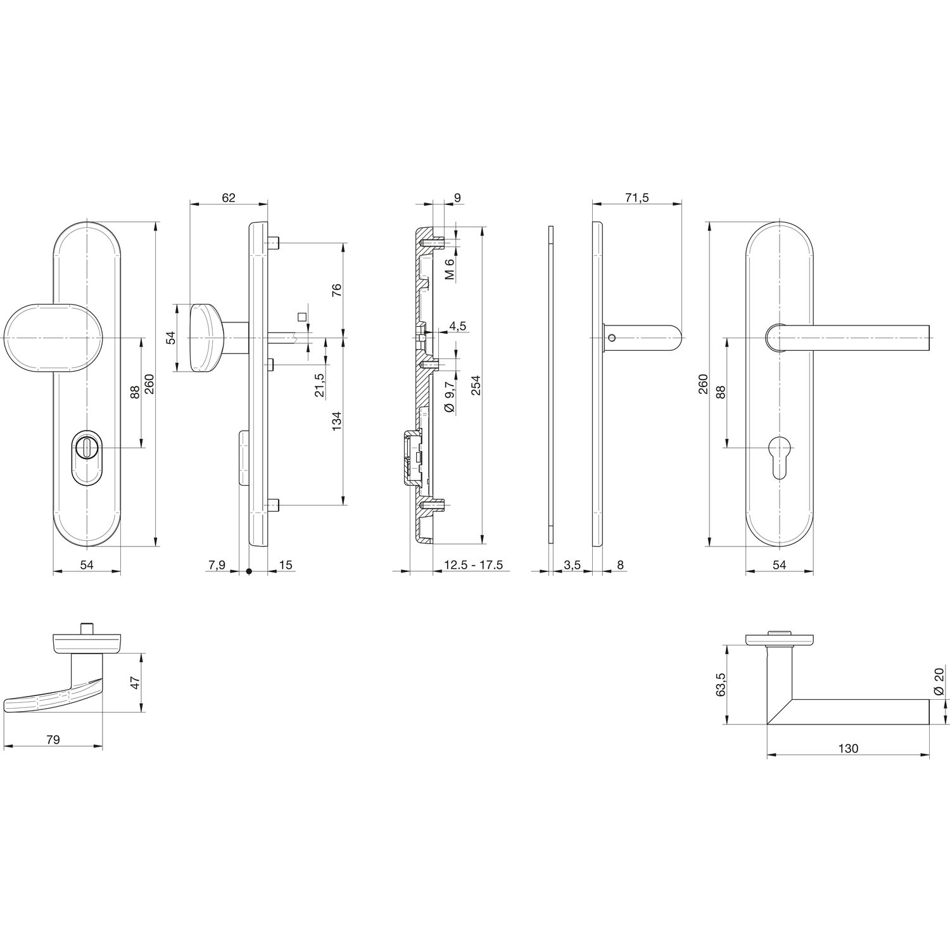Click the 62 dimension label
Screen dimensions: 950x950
point(229,198)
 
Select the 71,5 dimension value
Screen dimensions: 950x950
point(636,198)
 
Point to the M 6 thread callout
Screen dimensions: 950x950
point(450,270)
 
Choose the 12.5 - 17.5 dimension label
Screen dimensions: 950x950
point(473,565)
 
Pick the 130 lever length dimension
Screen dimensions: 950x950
point(848,749)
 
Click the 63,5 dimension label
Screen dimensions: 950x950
point(720,685)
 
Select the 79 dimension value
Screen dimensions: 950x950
point(53,740)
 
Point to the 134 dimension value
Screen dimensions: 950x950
point(336,422)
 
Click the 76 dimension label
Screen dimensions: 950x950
point(336,290)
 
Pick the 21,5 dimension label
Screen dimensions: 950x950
point(320,385)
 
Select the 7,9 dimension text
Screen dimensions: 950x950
point(215,565)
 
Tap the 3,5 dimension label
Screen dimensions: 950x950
point(573,565)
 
